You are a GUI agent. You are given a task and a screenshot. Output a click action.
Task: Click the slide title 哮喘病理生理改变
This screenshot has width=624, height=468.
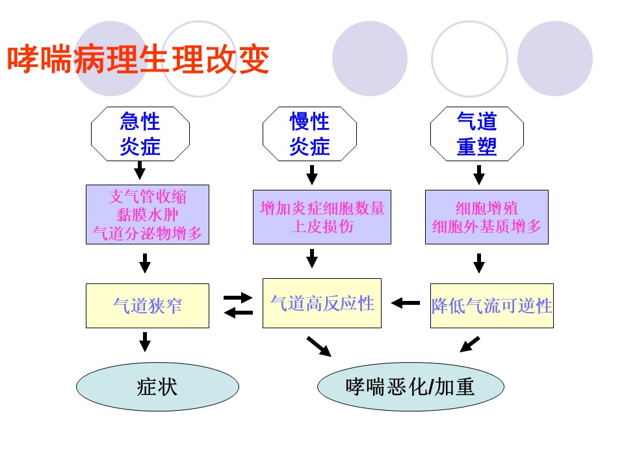(138, 60)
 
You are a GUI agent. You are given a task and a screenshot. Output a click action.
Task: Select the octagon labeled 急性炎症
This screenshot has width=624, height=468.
(140, 134)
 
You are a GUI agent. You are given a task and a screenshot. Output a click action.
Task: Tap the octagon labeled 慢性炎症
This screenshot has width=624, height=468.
(309, 134)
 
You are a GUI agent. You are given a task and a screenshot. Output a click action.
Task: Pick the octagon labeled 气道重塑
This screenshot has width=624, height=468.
(477, 134)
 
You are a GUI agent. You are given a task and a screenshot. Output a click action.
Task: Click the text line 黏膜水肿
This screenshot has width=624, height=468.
(148, 214)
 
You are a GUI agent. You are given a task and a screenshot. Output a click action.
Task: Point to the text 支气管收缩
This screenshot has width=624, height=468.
(148, 196)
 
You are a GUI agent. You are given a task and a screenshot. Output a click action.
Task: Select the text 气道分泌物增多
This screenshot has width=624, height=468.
(148, 233)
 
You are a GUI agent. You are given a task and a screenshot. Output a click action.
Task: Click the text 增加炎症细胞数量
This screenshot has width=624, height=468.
(322, 208)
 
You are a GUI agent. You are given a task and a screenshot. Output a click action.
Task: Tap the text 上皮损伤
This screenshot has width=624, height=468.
(322, 226)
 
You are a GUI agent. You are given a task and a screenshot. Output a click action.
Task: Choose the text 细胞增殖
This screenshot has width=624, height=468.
(487, 208)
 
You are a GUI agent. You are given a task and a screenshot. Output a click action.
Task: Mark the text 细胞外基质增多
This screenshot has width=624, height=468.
(487, 226)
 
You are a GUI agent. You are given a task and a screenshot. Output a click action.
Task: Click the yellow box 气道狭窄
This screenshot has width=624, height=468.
(148, 305)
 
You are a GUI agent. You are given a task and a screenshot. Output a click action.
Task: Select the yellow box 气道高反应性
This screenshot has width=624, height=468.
(322, 304)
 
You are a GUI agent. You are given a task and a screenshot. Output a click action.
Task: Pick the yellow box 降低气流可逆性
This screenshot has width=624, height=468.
(492, 305)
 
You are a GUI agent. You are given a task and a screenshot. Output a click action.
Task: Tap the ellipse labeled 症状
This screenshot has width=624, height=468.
(157, 387)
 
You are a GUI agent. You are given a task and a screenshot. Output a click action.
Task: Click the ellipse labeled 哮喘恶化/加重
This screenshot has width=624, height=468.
(410, 387)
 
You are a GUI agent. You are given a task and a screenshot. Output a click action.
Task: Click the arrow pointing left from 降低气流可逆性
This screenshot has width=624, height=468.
(406, 303)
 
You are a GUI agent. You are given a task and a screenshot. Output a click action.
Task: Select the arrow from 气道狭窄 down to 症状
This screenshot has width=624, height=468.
(145, 341)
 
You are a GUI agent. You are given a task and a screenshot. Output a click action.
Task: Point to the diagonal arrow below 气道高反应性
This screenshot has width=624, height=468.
(318, 346)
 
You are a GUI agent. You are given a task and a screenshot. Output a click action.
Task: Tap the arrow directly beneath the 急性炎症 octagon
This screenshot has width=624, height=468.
(139, 170)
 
